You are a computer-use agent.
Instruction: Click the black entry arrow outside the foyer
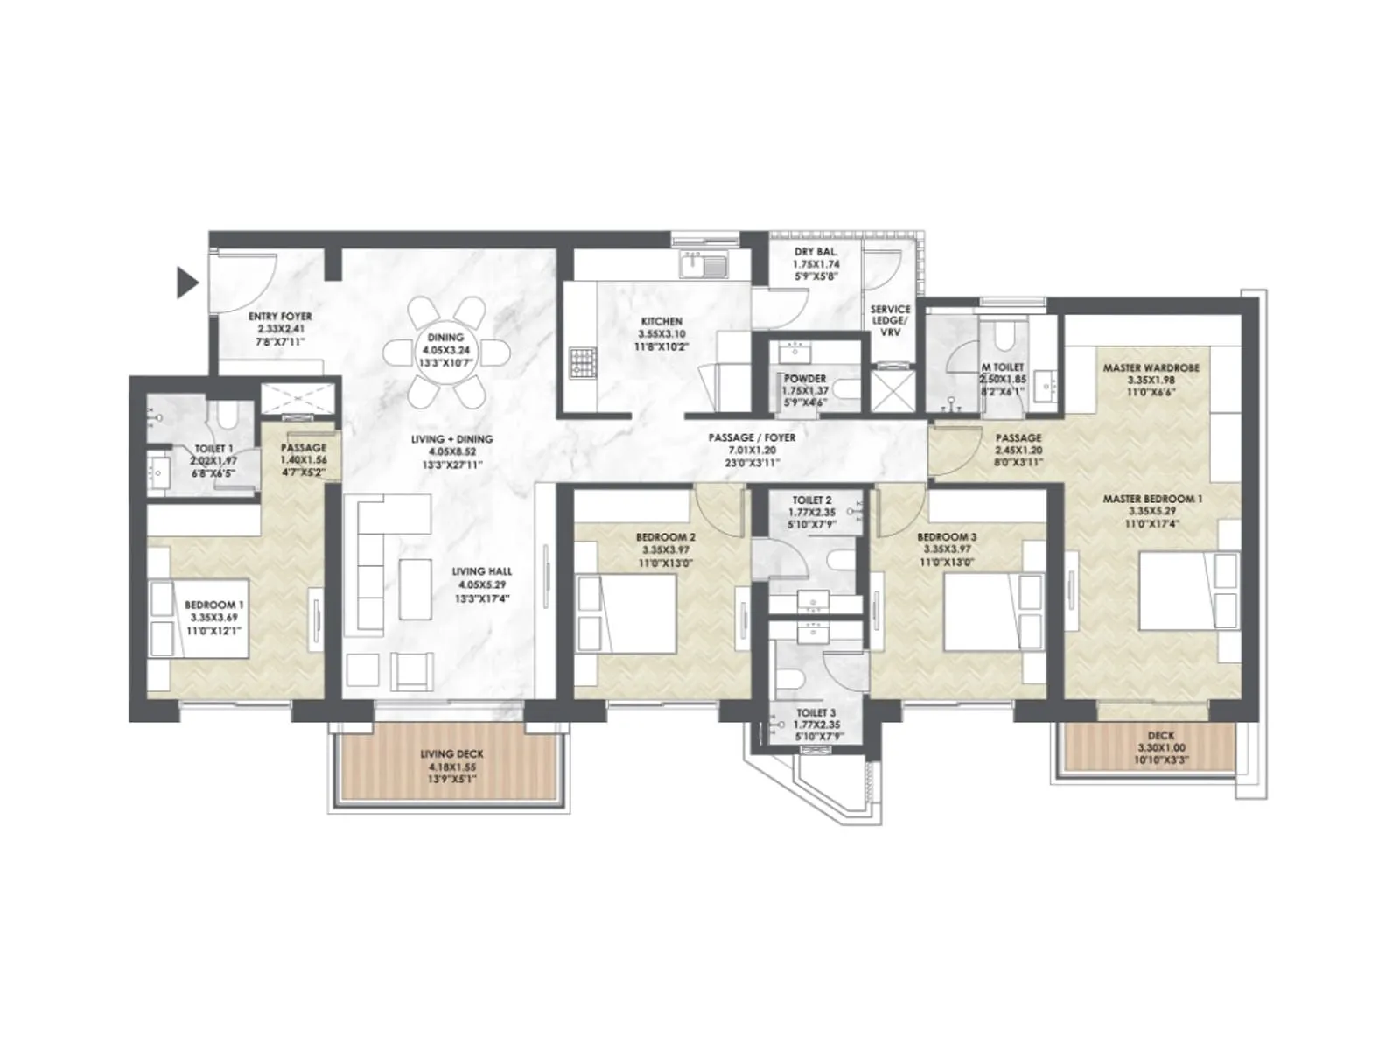(x=186, y=283)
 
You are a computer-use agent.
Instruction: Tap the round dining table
(x=445, y=353)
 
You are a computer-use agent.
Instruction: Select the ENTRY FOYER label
(x=279, y=317)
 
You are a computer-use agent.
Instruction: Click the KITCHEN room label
(x=661, y=322)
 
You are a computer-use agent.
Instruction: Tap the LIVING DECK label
(x=451, y=754)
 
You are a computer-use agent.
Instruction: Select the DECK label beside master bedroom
(x=1160, y=736)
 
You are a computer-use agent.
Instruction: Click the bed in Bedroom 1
(x=199, y=618)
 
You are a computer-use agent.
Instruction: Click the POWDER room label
(x=804, y=379)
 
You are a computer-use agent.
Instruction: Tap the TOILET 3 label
(x=815, y=714)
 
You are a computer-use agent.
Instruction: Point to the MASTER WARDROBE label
(x=1151, y=368)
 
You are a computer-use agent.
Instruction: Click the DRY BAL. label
(x=815, y=252)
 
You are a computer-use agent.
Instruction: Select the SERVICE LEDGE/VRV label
(x=890, y=320)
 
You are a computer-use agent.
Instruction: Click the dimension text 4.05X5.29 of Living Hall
(x=480, y=585)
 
